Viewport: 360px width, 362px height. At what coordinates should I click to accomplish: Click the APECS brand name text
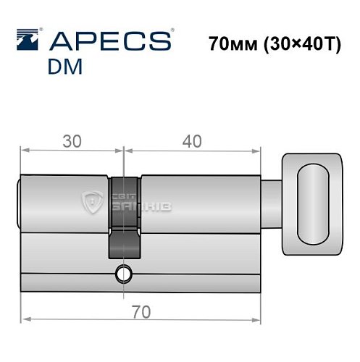click(111, 41)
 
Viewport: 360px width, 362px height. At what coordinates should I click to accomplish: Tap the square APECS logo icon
click(28, 40)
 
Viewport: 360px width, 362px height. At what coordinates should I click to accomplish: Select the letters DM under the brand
click(65, 67)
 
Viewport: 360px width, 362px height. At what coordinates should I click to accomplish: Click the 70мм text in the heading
click(233, 43)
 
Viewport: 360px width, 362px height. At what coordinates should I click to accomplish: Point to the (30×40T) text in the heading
click(302, 44)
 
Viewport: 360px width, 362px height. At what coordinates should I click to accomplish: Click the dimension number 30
click(72, 141)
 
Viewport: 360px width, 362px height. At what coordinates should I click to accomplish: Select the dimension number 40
click(192, 141)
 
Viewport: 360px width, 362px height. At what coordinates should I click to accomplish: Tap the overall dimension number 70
click(141, 312)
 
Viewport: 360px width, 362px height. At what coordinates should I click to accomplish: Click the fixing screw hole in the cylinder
click(124, 274)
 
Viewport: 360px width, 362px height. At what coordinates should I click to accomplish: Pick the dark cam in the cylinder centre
click(125, 218)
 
